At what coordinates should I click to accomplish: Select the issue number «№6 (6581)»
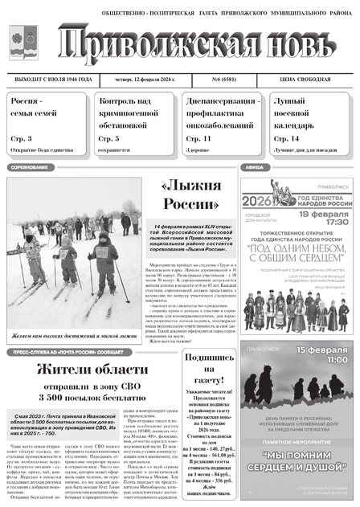click(x=227, y=80)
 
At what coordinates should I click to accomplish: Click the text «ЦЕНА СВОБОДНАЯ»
click(x=317, y=80)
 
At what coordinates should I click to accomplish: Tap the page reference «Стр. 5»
click(x=108, y=139)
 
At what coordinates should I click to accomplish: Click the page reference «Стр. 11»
click(x=198, y=139)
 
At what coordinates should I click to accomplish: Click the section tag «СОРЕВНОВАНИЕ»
click(x=29, y=168)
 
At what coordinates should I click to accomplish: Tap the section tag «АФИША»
click(x=255, y=168)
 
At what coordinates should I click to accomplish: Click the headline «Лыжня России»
click(x=190, y=195)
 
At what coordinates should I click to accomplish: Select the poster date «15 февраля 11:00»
click(x=322, y=356)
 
